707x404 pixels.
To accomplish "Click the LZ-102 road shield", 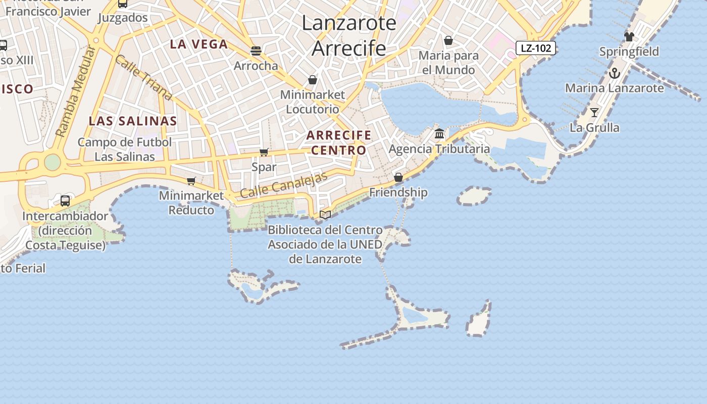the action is point(536,48).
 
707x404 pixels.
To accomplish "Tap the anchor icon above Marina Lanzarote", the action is point(614,73).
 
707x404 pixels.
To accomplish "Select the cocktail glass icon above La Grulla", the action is point(594,112).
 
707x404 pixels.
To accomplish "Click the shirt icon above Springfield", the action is point(629,36).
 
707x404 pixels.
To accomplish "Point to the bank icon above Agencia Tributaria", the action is point(439,134).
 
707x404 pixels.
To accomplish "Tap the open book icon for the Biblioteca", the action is point(325,215).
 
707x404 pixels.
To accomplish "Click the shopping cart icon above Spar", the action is point(264,152).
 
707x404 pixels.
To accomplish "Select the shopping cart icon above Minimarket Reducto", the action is point(191,181).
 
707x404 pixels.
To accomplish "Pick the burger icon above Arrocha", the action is point(256,50).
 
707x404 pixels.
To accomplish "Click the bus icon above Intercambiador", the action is point(65,201).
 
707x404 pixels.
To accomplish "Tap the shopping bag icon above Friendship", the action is point(398,177).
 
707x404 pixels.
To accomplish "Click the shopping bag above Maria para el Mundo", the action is point(448,40).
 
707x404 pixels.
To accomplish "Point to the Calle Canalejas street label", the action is point(284,185).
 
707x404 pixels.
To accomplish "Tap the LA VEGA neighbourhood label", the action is point(199,44).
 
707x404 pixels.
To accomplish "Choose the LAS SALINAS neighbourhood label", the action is point(133,121).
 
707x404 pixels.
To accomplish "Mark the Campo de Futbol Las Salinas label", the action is point(125,149).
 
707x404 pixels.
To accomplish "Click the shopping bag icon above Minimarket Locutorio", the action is point(313,80).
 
